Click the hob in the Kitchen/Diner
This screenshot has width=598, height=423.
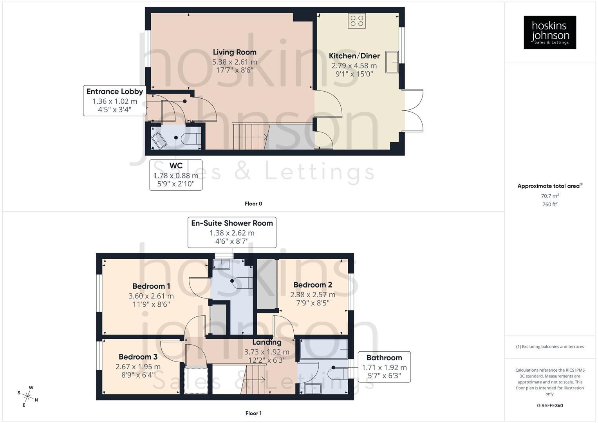(357, 21)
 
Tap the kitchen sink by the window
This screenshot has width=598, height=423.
(392, 62)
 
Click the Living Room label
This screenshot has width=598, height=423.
(235, 52)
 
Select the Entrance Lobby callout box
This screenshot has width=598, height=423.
(114, 101)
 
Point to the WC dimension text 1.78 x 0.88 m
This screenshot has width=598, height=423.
(176, 175)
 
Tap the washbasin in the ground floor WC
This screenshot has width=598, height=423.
(159, 140)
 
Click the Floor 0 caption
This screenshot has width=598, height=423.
(253, 204)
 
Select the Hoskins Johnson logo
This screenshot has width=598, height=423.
(550, 33)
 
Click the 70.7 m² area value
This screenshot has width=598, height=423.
(550, 196)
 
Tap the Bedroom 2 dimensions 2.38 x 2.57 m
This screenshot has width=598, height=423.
(313, 295)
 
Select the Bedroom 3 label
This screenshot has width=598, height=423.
(138, 357)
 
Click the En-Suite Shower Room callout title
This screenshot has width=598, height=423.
(232, 223)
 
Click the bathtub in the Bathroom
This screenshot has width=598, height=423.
(323, 349)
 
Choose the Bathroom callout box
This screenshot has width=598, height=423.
(384, 367)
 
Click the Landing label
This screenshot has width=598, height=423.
(266, 342)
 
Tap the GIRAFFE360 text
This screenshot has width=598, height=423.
(550, 405)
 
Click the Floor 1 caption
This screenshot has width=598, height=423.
(253, 413)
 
